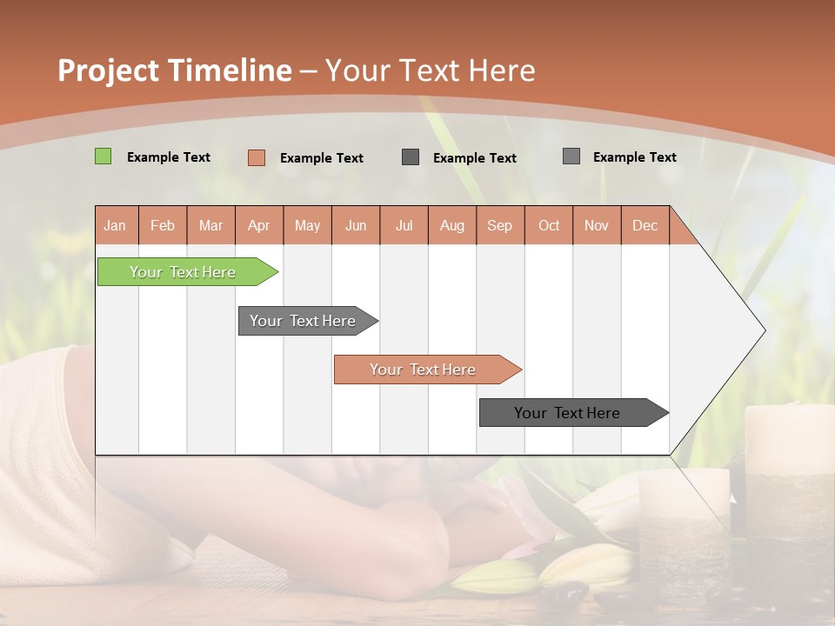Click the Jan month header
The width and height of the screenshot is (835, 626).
point(115,225)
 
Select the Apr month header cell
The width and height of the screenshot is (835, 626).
point(258,225)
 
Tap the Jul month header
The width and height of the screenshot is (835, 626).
point(404,225)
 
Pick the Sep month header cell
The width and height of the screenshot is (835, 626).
point(499,225)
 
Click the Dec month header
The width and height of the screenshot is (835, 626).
point(645,225)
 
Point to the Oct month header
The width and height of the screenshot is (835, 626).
point(549,225)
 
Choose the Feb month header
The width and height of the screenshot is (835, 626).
point(163,225)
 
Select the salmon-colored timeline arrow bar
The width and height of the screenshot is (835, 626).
point(424,370)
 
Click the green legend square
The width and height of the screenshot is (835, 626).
point(103,156)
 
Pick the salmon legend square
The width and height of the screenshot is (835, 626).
point(256,157)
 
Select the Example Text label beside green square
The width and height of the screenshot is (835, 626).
point(169,157)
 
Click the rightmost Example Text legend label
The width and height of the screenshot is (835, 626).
point(634,157)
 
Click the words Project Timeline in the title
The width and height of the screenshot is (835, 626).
point(174,70)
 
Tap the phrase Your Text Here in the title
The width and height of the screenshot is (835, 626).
point(430,70)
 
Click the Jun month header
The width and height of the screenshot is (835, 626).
point(356,225)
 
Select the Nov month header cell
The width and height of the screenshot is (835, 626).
point(596,225)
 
